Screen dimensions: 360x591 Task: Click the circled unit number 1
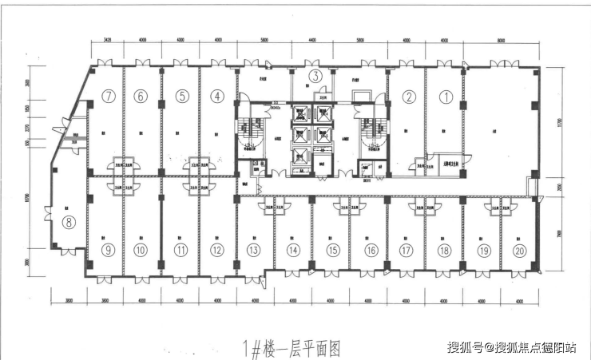click(x=447, y=97)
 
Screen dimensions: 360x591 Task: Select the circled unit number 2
click(x=409, y=97)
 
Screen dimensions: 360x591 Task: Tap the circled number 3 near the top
click(x=315, y=77)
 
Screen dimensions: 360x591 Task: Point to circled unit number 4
click(x=216, y=97)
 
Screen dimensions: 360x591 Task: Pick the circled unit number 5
click(x=182, y=97)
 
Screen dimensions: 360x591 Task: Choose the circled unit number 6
click(x=141, y=97)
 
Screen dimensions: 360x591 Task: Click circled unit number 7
click(x=109, y=97)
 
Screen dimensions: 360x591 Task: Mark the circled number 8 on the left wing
click(x=69, y=223)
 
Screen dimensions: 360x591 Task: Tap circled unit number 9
click(x=108, y=250)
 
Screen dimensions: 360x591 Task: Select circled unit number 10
click(x=141, y=250)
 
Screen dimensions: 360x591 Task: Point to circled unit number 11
click(x=182, y=250)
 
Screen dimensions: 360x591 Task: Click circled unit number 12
click(x=216, y=250)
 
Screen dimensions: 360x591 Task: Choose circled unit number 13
click(x=253, y=250)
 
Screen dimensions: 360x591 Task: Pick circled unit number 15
click(x=333, y=250)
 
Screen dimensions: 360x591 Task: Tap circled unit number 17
click(x=407, y=250)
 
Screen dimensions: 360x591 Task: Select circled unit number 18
click(x=444, y=250)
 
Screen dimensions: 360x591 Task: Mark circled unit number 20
click(x=521, y=250)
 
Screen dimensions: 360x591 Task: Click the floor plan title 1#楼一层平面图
click(x=291, y=348)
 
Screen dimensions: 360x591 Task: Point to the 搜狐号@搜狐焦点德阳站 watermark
click(x=512, y=347)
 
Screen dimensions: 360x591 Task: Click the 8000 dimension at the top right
click(x=501, y=38)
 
